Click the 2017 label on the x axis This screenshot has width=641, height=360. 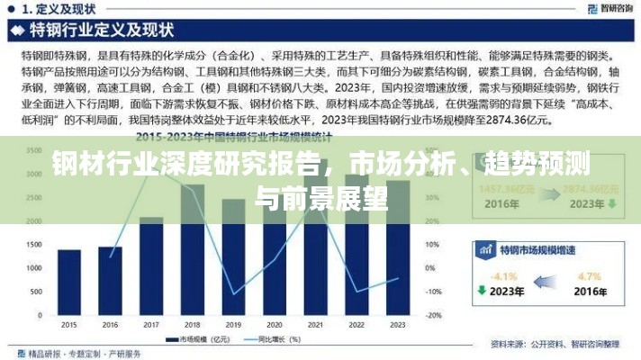[x=151, y=325]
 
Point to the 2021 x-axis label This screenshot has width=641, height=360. [x=316, y=325]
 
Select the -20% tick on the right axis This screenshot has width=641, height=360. [x=433, y=315]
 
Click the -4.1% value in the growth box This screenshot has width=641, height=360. [x=506, y=276]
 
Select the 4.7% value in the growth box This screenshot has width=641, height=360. [x=589, y=275]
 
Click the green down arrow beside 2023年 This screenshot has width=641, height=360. [x=482, y=292]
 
